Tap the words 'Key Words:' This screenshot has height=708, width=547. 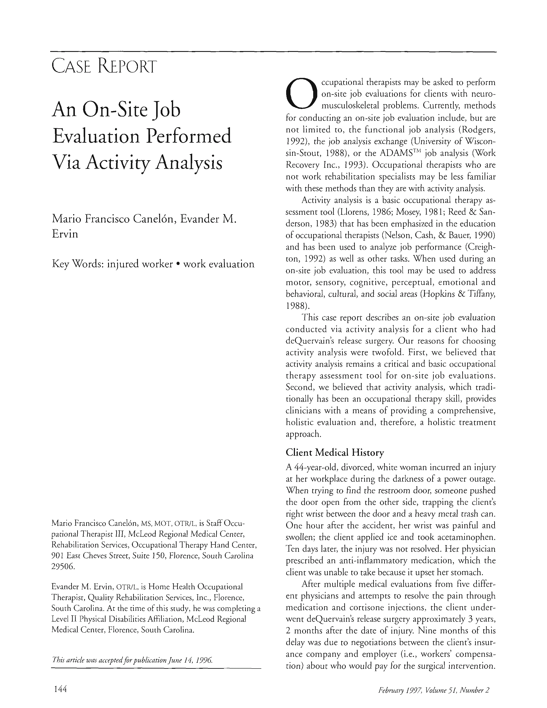pos(77,264)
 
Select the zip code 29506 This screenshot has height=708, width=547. pos(63,567)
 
